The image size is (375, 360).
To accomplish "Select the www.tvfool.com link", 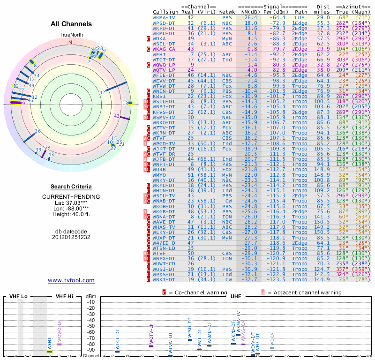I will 71,280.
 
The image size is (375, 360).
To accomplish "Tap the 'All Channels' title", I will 71,24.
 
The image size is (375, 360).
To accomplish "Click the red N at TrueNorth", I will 71,42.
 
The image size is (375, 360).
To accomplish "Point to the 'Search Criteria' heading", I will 71,186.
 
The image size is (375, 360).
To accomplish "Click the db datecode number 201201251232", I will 71,237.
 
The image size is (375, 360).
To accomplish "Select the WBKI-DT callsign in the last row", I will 164,280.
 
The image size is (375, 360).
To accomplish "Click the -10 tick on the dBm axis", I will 91,302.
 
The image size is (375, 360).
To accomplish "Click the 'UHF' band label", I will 235,296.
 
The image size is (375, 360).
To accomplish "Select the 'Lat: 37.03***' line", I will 71,202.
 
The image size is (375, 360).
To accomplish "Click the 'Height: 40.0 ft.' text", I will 71,215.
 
